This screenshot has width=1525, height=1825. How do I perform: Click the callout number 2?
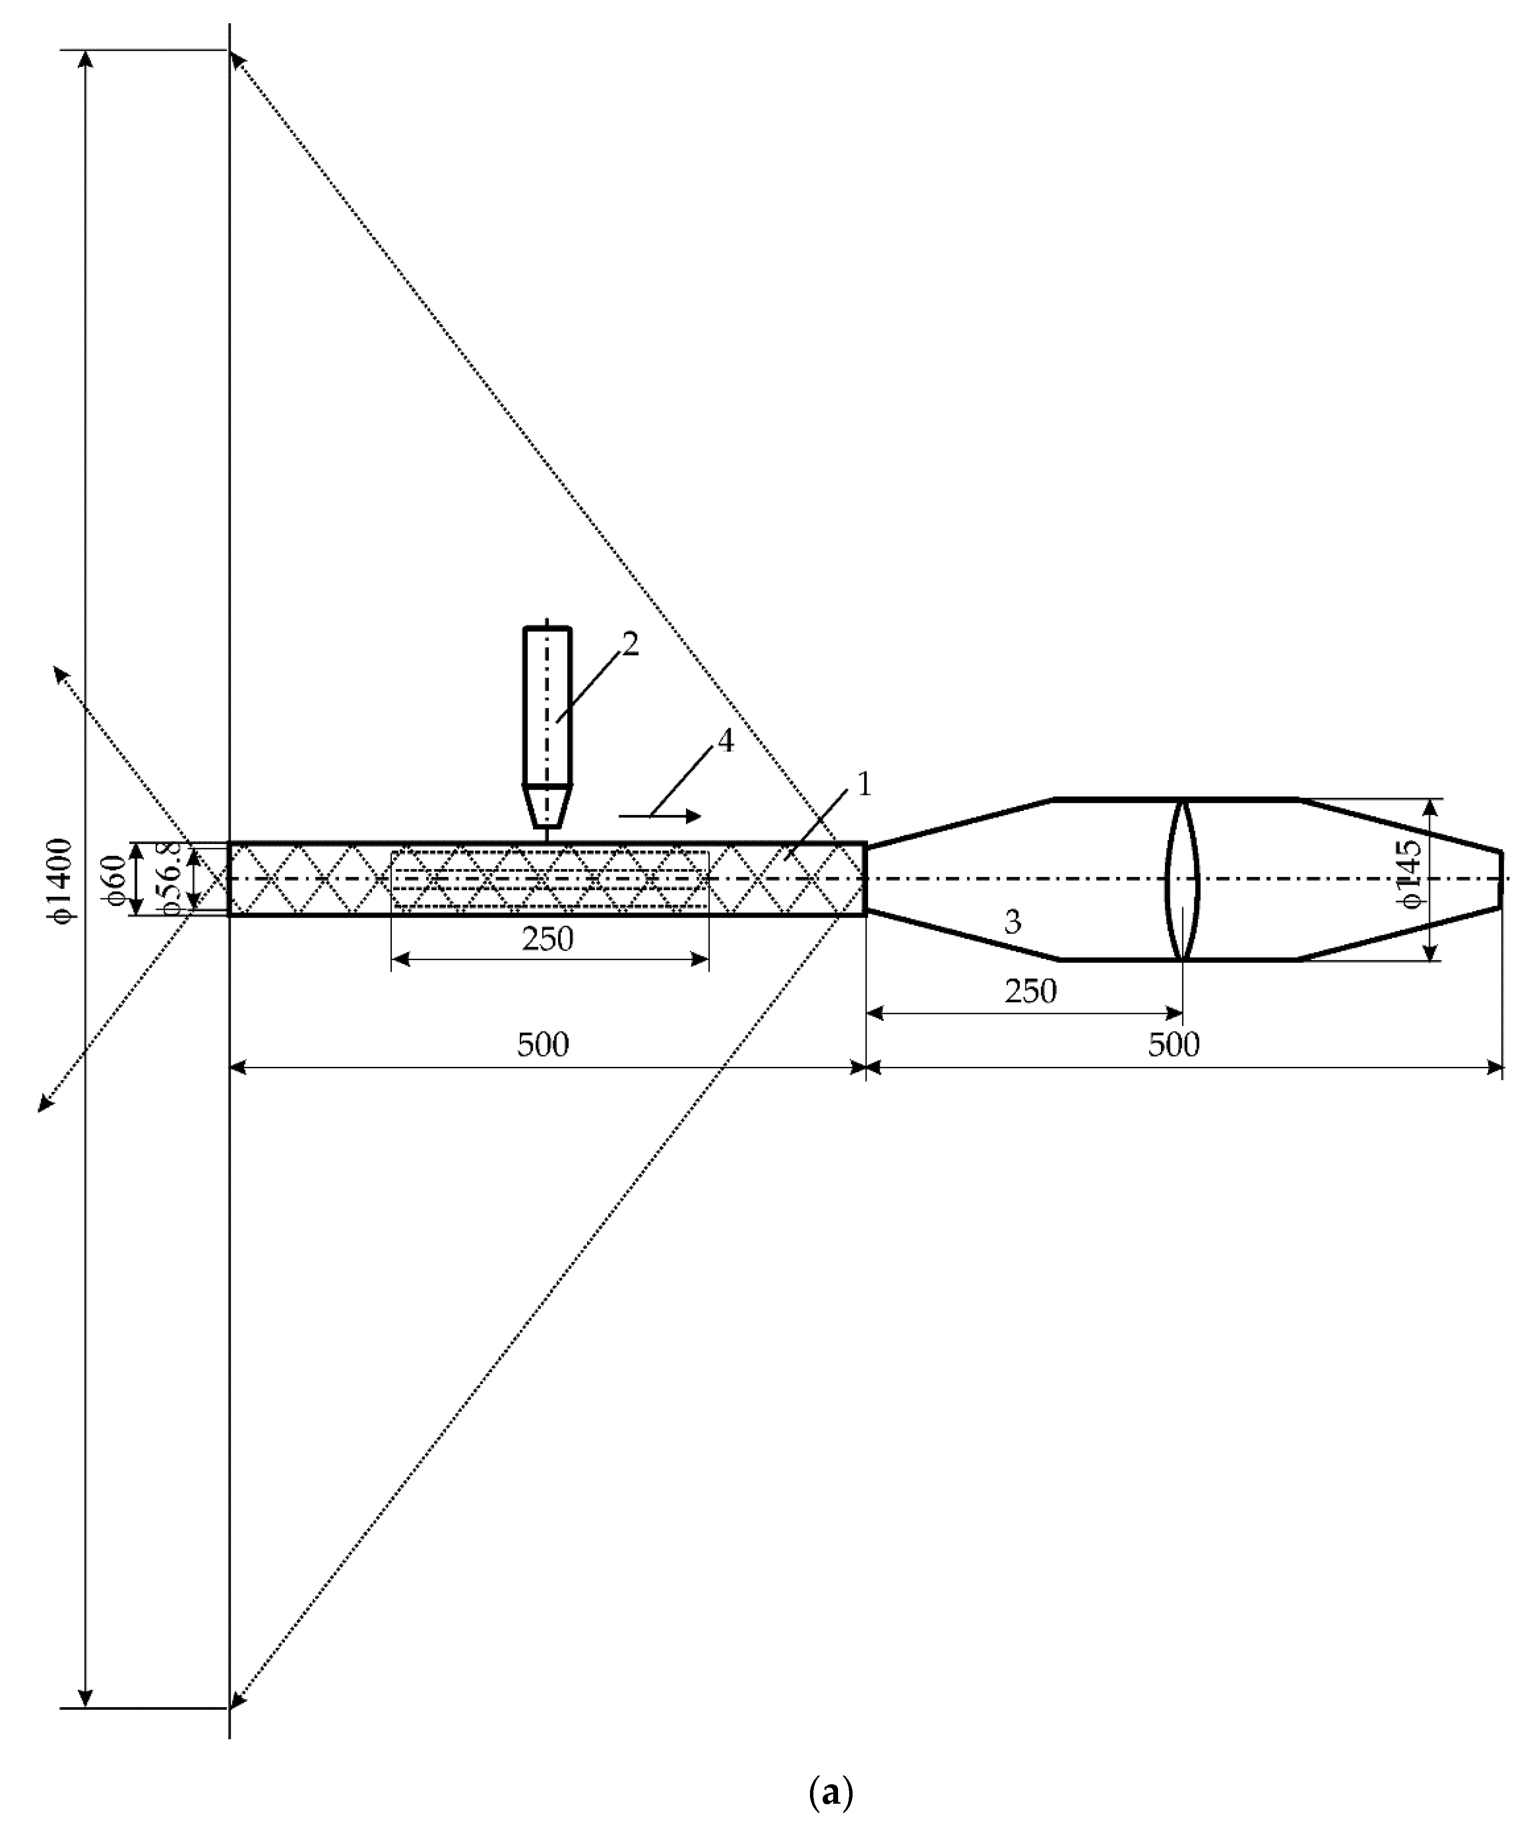pos(630,644)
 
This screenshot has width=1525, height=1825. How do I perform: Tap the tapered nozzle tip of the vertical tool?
pos(546,806)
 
